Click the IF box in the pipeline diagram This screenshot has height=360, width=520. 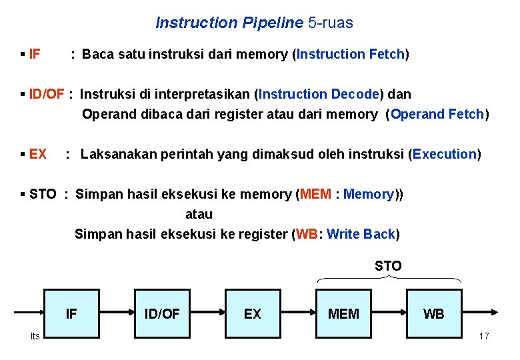coord(71,313)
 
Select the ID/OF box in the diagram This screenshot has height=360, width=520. coord(162,313)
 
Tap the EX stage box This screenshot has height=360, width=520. coord(253,313)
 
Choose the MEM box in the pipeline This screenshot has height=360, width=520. coord(343,313)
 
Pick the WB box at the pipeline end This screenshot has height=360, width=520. coord(434,313)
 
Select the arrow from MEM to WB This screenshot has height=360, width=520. coord(389,311)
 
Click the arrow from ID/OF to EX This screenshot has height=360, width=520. coord(207,311)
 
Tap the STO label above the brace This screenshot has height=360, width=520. coord(388,266)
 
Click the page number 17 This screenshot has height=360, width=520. coord(484,336)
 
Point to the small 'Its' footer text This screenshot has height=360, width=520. coord(35,336)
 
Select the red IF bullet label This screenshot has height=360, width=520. coord(35,54)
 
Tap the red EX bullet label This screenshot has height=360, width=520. coord(38,154)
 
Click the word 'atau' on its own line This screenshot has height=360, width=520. coord(199,214)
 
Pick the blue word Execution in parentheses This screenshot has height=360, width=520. coord(444,154)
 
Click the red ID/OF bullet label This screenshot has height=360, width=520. coord(47,94)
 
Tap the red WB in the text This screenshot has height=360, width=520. coord(307,234)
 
